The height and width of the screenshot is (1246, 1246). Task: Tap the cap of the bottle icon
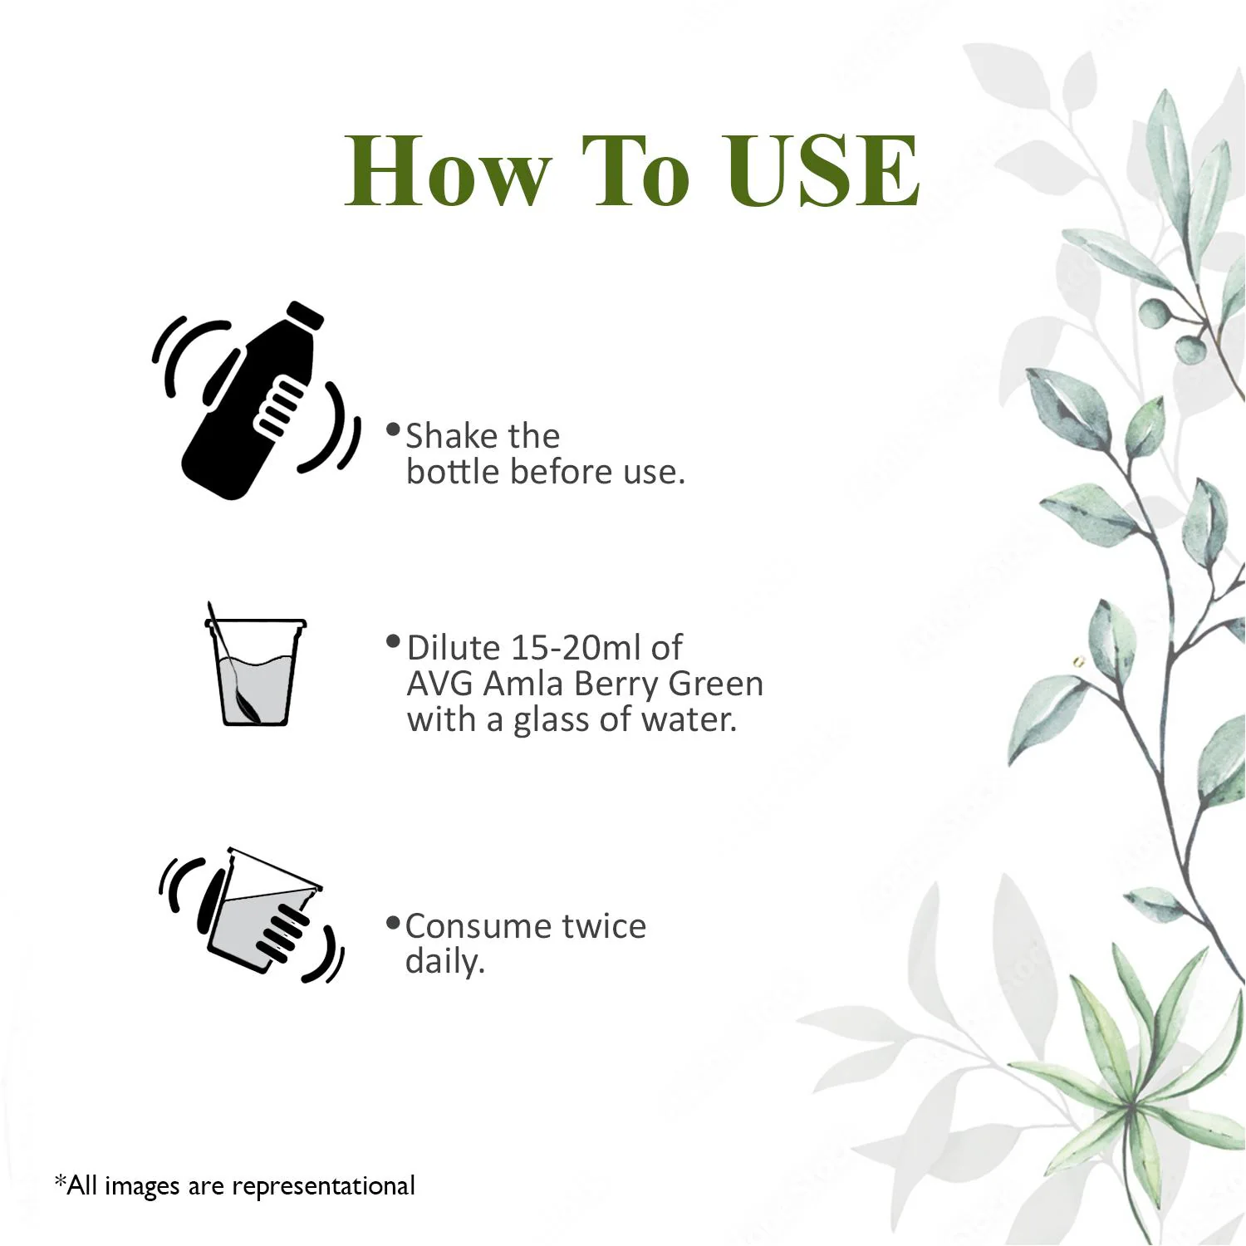[305, 315]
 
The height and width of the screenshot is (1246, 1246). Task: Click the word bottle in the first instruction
[453, 472]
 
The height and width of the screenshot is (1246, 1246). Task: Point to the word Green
[716, 684]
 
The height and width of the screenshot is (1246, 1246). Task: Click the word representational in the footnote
[324, 1186]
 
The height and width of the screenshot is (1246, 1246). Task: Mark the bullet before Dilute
[394, 641]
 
